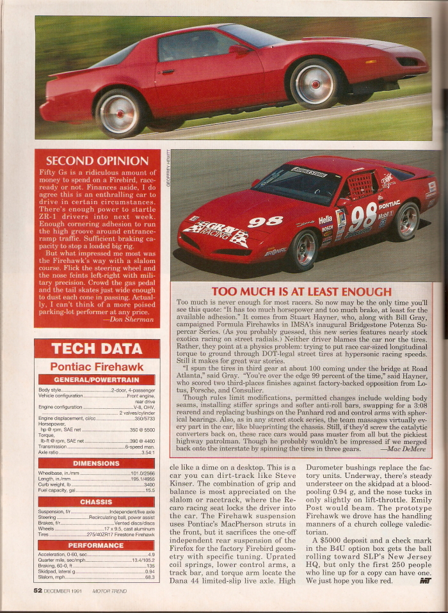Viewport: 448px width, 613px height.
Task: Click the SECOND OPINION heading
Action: point(97,161)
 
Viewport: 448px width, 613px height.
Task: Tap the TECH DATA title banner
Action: point(97,349)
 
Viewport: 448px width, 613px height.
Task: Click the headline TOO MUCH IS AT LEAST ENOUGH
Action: point(301,292)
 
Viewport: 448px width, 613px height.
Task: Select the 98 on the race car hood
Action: point(266,221)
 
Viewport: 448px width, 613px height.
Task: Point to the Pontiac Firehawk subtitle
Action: point(97,366)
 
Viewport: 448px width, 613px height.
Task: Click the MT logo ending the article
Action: point(425,581)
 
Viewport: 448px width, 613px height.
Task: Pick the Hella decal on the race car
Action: point(326,219)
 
